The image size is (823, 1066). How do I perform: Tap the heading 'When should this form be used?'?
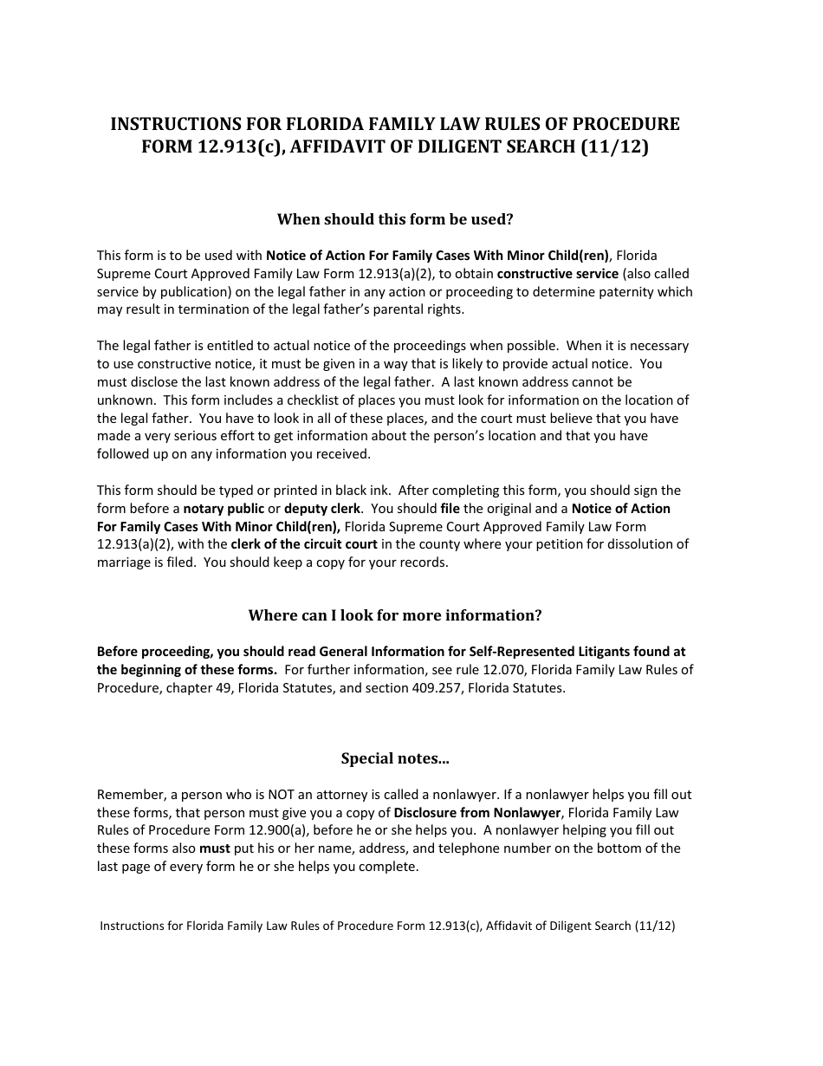pyautogui.click(x=395, y=219)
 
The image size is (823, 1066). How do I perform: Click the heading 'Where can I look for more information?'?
pyautogui.click(x=395, y=615)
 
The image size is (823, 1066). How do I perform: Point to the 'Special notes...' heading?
pyautogui.click(x=395, y=758)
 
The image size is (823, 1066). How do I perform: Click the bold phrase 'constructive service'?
pyautogui.click(x=558, y=274)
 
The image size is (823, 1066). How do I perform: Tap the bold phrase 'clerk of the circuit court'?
pyautogui.click(x=304, y=544)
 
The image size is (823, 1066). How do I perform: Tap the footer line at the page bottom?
pyautogui.click(x=387, y=926)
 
